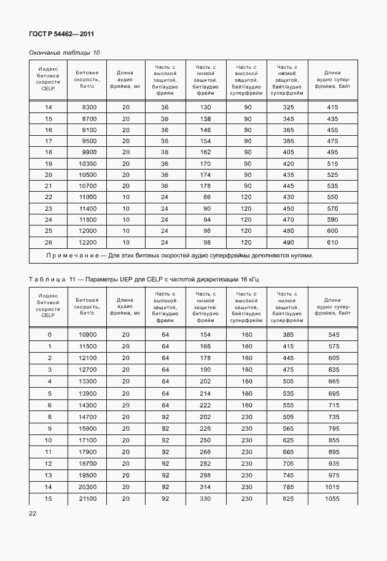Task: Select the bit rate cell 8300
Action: point(89,108)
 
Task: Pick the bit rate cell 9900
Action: point(89,152)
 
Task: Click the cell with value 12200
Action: point(89,241)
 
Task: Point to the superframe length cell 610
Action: point(332,241)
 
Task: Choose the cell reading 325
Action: point(287,108)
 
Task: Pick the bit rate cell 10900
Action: point(88,334)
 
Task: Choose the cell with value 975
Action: point(332,475)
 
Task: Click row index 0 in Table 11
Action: point(49,334)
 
